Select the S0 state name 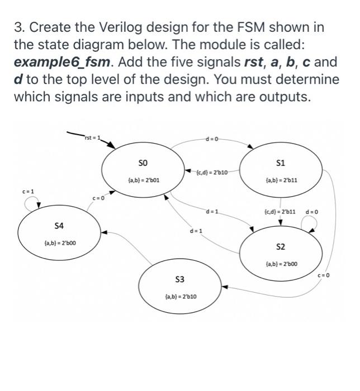point(142,162)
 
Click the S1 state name point(281,163)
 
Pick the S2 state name point(281,246)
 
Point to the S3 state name point(180,278)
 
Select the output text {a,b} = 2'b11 point(281,180)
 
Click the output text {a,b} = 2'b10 point(180,297)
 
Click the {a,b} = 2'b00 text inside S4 point(59,243)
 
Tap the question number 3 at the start point(18,27)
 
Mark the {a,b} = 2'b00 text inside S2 point(281,264)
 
